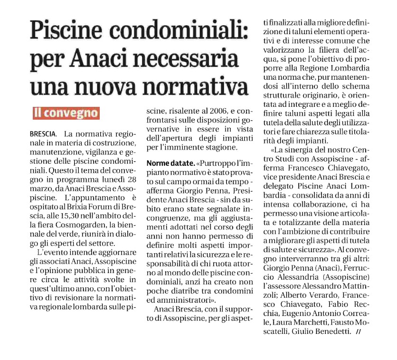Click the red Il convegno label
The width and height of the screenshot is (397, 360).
[66, 113]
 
